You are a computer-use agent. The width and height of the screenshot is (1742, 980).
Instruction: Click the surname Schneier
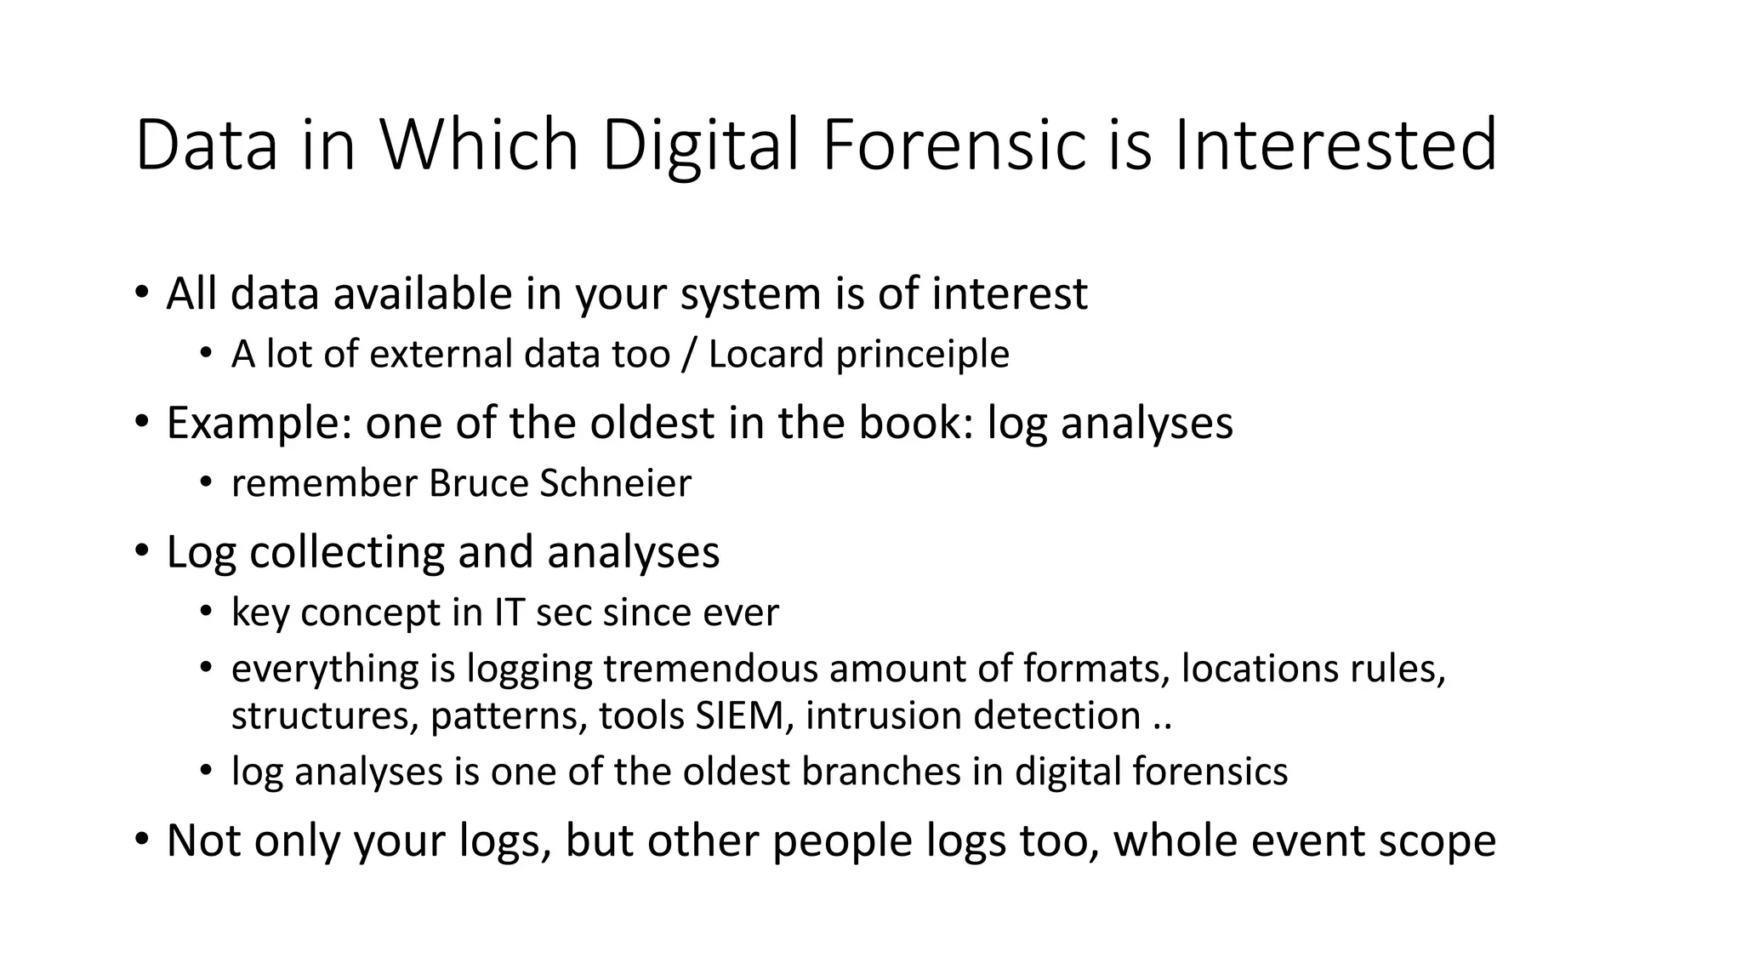point(616,483)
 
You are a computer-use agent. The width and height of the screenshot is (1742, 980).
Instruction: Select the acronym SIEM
point(743,715)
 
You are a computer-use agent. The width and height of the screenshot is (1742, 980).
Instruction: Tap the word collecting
point(347,551)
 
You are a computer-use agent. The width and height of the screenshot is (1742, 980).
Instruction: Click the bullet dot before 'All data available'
point(141,293)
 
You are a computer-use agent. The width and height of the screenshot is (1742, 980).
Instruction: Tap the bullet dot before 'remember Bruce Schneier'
point(205,483)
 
